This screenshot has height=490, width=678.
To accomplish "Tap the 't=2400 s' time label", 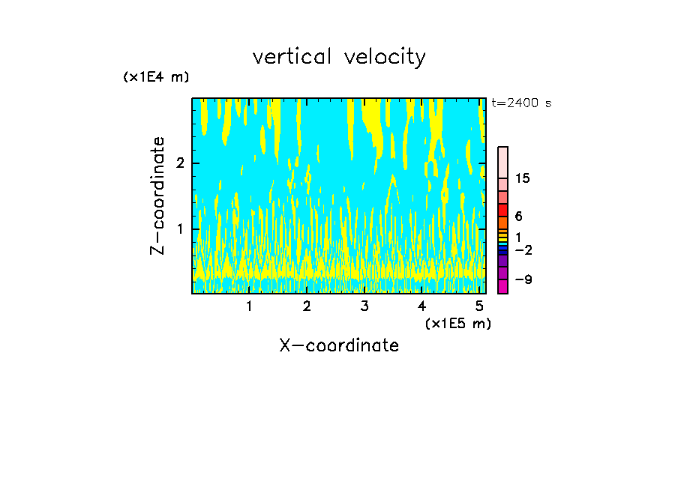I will point(521,103).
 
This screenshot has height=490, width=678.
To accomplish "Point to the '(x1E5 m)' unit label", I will point(457,323).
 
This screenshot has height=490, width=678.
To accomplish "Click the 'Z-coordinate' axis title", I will point(157,196).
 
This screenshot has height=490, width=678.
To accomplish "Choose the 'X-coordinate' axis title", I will point(339,345).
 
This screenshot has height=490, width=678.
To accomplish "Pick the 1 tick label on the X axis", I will point(250,306).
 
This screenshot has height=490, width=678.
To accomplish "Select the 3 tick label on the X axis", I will point(364,306).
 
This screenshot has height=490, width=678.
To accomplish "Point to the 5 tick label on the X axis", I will point(479,306).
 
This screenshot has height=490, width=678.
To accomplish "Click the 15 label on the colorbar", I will point(523,178).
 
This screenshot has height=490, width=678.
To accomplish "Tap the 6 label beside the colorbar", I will point(518,216).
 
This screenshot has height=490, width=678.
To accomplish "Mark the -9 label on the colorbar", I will point(523,279).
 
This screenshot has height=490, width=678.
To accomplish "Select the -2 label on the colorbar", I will point(523,249).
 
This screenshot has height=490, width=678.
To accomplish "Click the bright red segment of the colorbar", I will point(502,211).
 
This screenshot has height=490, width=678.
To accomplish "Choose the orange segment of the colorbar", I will point(502,223).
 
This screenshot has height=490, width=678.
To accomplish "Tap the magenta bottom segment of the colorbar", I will point(502,286).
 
